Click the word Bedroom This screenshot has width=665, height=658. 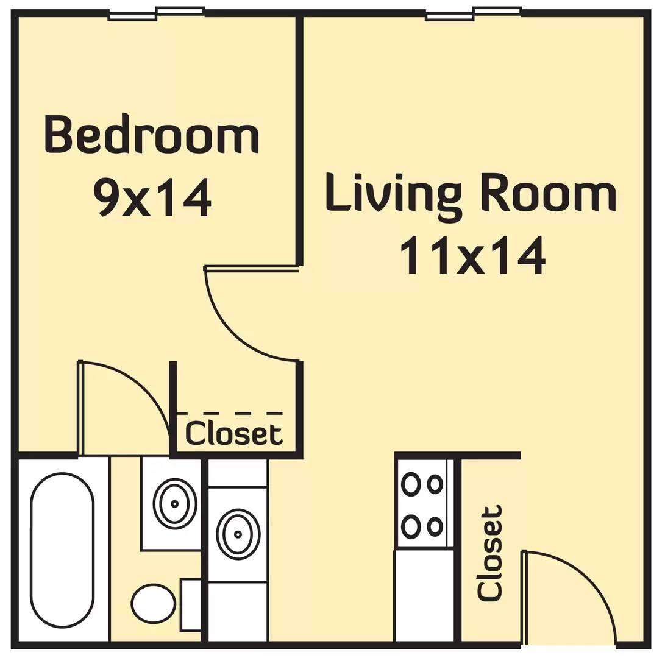[x=152, y=133]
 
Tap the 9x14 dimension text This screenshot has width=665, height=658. [x=152, y=197]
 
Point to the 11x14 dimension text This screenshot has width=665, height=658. [x=471, y=254]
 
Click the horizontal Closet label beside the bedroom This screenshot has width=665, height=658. [x=234, y=433]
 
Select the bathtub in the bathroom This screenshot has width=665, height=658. [x=62, y=550]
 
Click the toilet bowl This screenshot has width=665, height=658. [x=153, y=603]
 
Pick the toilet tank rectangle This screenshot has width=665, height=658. [x=191, y=604]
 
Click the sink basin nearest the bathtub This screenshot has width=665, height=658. [x=175, y=503]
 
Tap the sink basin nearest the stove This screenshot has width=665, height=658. [x=238, y=534]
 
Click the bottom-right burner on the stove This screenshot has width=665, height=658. [x=435, y=525]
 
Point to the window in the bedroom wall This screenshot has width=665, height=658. [x=156, y=13]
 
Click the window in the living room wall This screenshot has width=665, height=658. [x=474, y=13]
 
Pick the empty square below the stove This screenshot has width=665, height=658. [x=424, y=595]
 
